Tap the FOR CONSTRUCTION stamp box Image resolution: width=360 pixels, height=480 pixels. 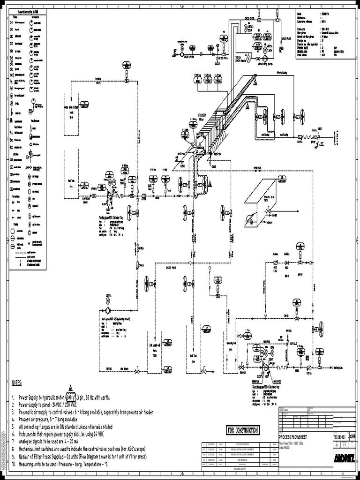tap(242, 430)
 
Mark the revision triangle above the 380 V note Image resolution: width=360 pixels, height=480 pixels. tap(71, 388)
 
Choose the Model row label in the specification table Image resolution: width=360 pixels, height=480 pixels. tap(300, 14)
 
